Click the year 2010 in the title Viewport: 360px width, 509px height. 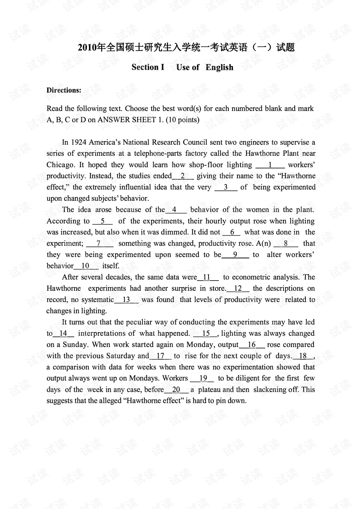tap(87, 48)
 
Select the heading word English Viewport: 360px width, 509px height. tap(219, 68)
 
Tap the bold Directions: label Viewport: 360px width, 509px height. tap(64, 90)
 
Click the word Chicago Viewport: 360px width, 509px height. tap(60, 165)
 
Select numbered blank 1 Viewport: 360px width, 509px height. tap(270, 165)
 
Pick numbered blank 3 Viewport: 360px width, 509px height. tap(226, 187)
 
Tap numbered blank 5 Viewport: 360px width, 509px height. tap(102, 221)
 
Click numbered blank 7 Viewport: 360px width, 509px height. tap(99, 243)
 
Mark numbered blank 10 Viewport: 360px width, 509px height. tap(86, 266)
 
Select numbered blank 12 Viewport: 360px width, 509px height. tap(238, 288)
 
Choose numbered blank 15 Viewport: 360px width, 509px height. tap(206, 333)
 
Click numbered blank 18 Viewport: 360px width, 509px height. tap(303, 356)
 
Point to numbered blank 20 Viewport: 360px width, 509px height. tap(176, 390)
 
